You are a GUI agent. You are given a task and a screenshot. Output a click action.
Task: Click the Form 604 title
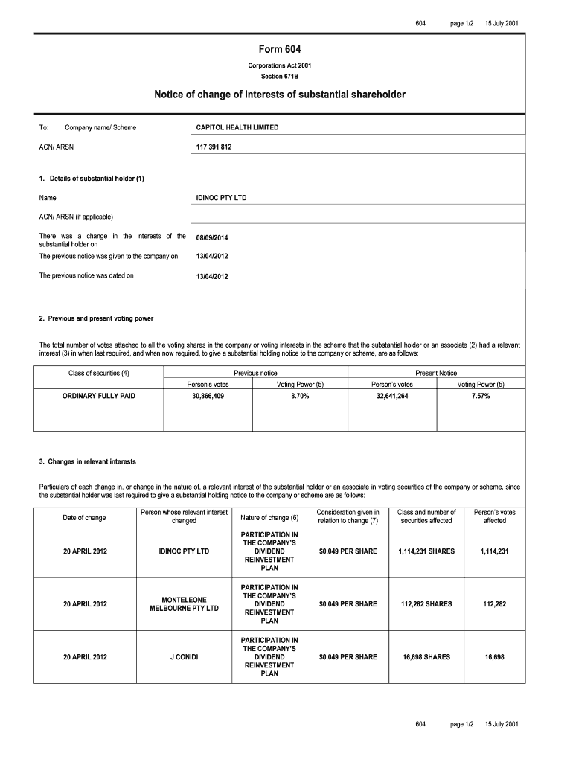(280, 50)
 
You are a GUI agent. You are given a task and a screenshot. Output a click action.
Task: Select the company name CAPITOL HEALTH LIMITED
(237, 128)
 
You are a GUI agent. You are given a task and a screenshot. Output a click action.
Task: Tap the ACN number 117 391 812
(214, 147)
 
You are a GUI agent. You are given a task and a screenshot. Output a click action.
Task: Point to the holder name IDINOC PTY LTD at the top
(221, 198)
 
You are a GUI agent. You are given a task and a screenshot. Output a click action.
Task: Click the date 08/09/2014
(212, 238)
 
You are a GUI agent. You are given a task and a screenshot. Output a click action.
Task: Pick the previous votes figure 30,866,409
(208, 397)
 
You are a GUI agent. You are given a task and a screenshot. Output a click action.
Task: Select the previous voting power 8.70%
(301, 397)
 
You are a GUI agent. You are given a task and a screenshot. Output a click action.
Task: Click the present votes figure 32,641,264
(392, 397)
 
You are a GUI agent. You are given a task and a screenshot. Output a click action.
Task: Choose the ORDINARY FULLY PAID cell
(99, 397)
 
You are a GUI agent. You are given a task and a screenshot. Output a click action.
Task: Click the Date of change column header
(85, 517)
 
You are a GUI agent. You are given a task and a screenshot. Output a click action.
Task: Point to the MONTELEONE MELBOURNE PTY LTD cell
(185, 604)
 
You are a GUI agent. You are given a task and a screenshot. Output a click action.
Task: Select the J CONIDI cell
(185, 657)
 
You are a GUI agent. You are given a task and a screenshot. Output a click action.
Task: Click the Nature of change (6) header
(269, 517)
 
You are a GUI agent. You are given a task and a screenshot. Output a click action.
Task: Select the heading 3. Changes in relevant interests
(88, 462)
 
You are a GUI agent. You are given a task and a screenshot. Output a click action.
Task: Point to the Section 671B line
(280, 77)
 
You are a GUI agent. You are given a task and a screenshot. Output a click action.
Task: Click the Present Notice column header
(436, 373)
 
